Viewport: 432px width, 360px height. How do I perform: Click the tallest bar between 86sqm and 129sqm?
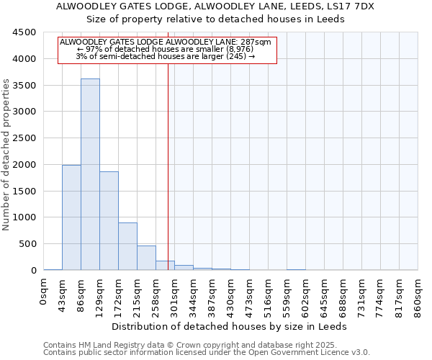coord(90,174)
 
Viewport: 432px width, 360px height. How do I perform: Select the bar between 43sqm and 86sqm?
coord(71,217)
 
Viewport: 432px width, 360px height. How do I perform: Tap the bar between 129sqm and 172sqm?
coord(109,221)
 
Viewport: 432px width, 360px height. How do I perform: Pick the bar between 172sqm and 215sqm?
coord(127,246)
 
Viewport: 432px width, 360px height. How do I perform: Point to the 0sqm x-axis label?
coord(44,291)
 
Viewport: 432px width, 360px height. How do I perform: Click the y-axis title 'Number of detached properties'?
coord(7,151)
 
